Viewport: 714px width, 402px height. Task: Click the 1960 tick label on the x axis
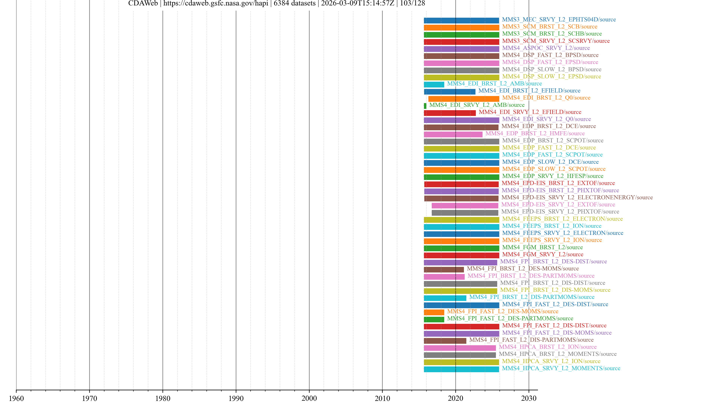pos(16,398)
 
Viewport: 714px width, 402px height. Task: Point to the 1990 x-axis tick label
pos(236,398)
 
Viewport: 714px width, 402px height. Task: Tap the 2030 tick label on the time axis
pos(529,398)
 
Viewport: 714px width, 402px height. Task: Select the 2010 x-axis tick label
pos(382,398)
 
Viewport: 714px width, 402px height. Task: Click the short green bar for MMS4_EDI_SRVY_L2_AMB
pos(425,106)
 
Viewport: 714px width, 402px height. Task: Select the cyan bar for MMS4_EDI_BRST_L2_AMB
pos(434,84)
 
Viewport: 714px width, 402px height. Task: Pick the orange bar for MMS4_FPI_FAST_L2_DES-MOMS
pos(434,312)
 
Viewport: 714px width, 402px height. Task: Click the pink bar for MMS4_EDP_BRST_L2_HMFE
pos(453,134)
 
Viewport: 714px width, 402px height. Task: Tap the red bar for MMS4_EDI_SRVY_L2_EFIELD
pos(450,113)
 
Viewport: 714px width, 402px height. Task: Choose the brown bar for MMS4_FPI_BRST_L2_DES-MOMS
pos(443,269)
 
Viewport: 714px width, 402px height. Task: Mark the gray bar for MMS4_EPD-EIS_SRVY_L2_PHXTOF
pos(465,213)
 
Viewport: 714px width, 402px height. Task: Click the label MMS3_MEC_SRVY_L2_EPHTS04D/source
pos(559,19)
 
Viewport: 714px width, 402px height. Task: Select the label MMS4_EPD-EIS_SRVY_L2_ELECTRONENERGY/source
pos(577,197)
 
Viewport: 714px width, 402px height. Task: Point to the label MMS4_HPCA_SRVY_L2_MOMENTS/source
pos(561,368)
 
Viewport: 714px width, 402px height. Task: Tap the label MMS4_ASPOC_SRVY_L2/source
pos(546,48)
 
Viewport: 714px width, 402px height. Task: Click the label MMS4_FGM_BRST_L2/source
pos(542,247)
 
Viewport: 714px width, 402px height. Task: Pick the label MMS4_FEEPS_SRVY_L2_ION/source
pos(552,240)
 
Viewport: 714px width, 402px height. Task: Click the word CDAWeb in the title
pos(143,3)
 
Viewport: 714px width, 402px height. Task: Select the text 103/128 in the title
pos(412,3)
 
